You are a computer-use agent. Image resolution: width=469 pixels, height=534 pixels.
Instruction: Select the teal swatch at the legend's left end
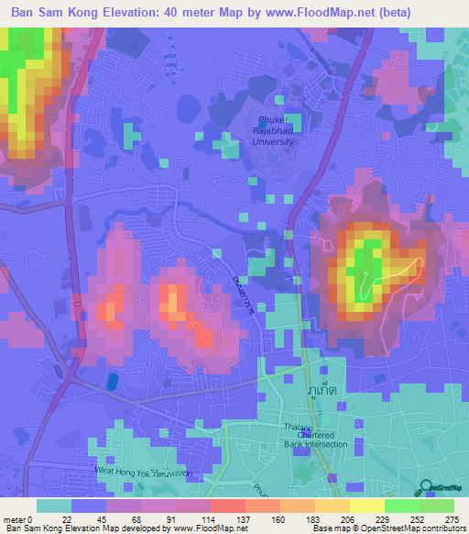coord(54,506)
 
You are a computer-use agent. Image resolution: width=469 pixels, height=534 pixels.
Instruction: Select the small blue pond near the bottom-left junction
coord(113,380)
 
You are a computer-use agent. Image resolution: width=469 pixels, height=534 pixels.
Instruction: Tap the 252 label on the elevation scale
coord(419,518)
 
